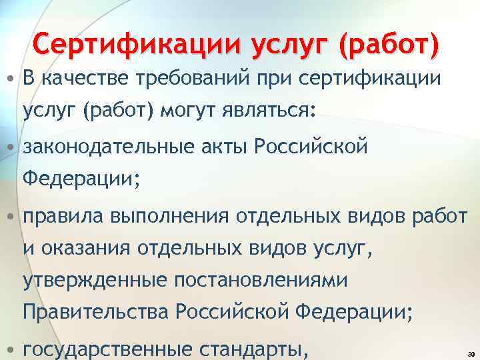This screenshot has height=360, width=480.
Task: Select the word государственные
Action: pos(107,348)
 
